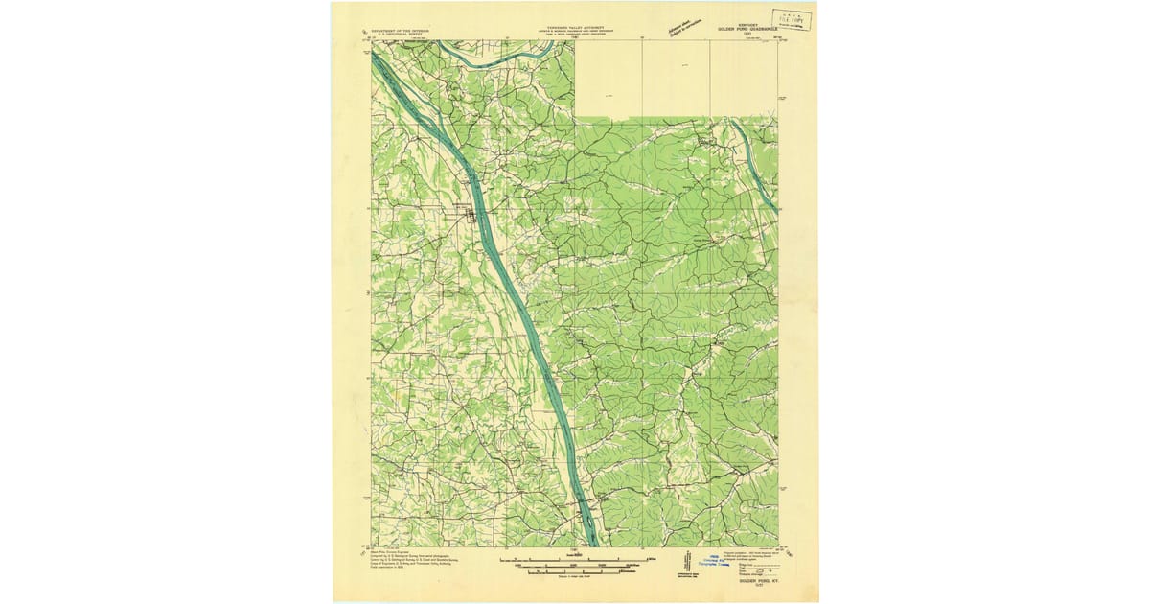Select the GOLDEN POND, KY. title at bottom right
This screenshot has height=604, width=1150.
[x=756, y=581]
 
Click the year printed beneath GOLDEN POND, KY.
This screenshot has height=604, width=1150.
[x=756, y=587]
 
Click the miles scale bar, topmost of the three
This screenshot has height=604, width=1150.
[x=574, y=557]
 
